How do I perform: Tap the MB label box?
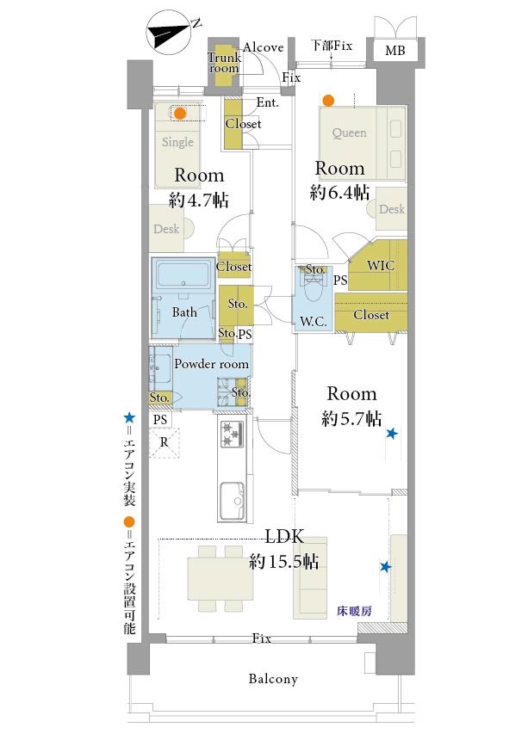pos(395,50)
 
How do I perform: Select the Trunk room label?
pos(224,62)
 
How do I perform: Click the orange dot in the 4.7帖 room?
pos(179,114)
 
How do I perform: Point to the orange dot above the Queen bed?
pos(328,101)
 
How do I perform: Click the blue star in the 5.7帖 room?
pos(392,433)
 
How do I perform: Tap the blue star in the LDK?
pos(385,567)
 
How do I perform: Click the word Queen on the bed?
pos(349,133)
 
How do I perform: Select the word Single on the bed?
pos(177,142)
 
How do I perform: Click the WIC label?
pos(381,265)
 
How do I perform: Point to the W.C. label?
pos(314,322)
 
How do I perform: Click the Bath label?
pos(184,312)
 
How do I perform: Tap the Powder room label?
pos(211,364)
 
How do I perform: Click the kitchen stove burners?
pos(232,434)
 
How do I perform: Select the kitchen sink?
pos(232,500)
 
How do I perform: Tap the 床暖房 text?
pos(354,611)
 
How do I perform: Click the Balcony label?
pos(273,679)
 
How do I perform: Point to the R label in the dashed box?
pos(164,442)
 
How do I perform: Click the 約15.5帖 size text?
pos(284,562)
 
